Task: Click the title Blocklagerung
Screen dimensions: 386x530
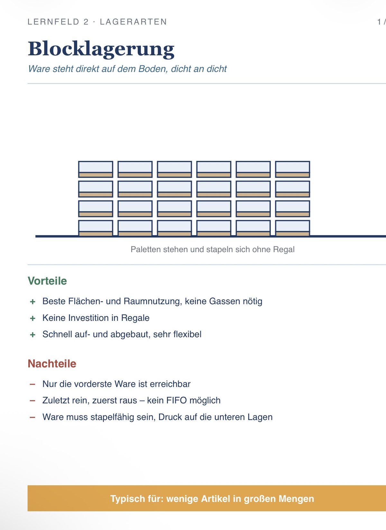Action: click(x=101, y=49)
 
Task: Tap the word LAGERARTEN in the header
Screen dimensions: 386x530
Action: click(x=133, y=22)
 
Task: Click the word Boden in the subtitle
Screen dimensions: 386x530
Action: click(x=153, y=69)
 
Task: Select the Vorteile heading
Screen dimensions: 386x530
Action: click(x=47, y=281)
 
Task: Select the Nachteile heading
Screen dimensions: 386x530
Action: click(x=52, y=364)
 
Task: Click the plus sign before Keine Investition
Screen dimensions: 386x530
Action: click(x=32, y=318)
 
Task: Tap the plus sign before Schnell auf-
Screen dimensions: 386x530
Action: click(x=32, y=335)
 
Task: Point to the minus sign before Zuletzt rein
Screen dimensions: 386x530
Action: click(x=32, y=401)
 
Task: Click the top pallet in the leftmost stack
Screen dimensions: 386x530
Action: click(x=96, y=169)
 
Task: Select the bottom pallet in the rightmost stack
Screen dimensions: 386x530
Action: click(x=293, y=228)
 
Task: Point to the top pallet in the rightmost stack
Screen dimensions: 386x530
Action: click(x=293, y=169)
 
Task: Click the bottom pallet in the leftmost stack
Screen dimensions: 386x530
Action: click(x=96, y=228)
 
